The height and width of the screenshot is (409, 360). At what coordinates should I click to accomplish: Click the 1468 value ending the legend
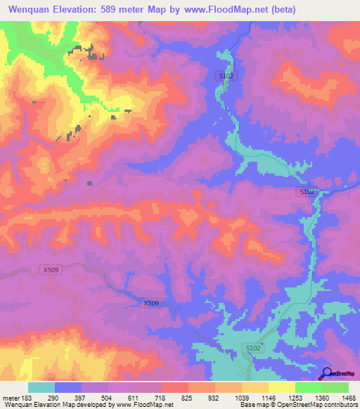tap(349, 398)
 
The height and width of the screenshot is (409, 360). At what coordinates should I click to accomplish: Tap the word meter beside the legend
tap(10, 398)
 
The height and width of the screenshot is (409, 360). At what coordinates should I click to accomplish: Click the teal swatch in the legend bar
tap(41, 387)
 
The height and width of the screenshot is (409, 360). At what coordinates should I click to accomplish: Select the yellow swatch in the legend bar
tap(281, 387)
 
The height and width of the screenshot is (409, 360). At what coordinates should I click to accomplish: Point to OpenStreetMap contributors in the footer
tap(321, 405)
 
